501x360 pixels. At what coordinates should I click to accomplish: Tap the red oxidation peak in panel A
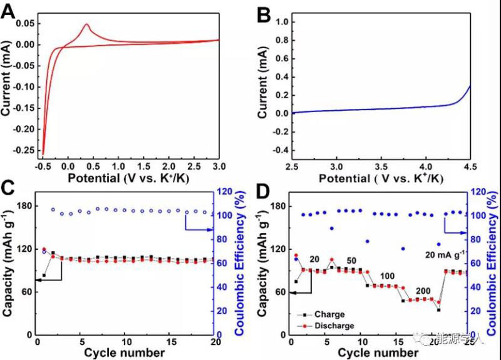click(x=86, y=25)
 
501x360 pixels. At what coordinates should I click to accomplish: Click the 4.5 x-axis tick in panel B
click(x=470, y=166)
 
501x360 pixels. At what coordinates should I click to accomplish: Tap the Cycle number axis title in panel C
click(x=126, y=352)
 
